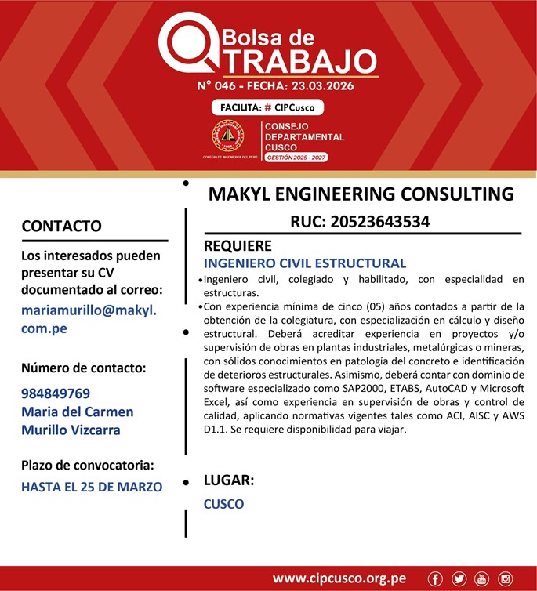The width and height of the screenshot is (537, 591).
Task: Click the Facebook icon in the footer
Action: tap(437, 578)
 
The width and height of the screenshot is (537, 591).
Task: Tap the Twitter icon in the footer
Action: tap(459, 578)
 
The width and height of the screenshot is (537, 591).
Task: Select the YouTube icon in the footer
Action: tap(482, 578)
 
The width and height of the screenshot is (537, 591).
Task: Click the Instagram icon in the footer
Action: tap(506, 578)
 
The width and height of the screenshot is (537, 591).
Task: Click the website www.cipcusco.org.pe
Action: tap(339, 578)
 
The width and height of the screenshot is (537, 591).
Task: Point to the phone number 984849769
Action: tap(56, 393)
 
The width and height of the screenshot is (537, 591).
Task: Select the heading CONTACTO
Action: tap(61, 227)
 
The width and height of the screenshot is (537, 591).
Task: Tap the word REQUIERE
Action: tap(238, 246)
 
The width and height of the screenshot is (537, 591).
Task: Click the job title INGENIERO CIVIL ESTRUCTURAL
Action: tap(305, 263)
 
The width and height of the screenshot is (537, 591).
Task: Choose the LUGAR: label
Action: tap(229, 480)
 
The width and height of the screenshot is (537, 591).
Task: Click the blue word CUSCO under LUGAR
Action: tap(223, 504)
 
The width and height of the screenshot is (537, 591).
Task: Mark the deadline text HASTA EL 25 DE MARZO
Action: tap(92, 487)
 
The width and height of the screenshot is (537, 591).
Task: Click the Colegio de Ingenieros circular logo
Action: tap(228, 136)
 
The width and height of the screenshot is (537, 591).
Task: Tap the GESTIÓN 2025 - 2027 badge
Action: tap(296, 158)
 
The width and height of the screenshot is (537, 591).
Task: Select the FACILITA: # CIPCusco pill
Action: tap(267, 107)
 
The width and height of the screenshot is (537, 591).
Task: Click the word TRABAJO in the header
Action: tap(294, 60)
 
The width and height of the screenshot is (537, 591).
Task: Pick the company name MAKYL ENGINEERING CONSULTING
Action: tap(361, 194)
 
